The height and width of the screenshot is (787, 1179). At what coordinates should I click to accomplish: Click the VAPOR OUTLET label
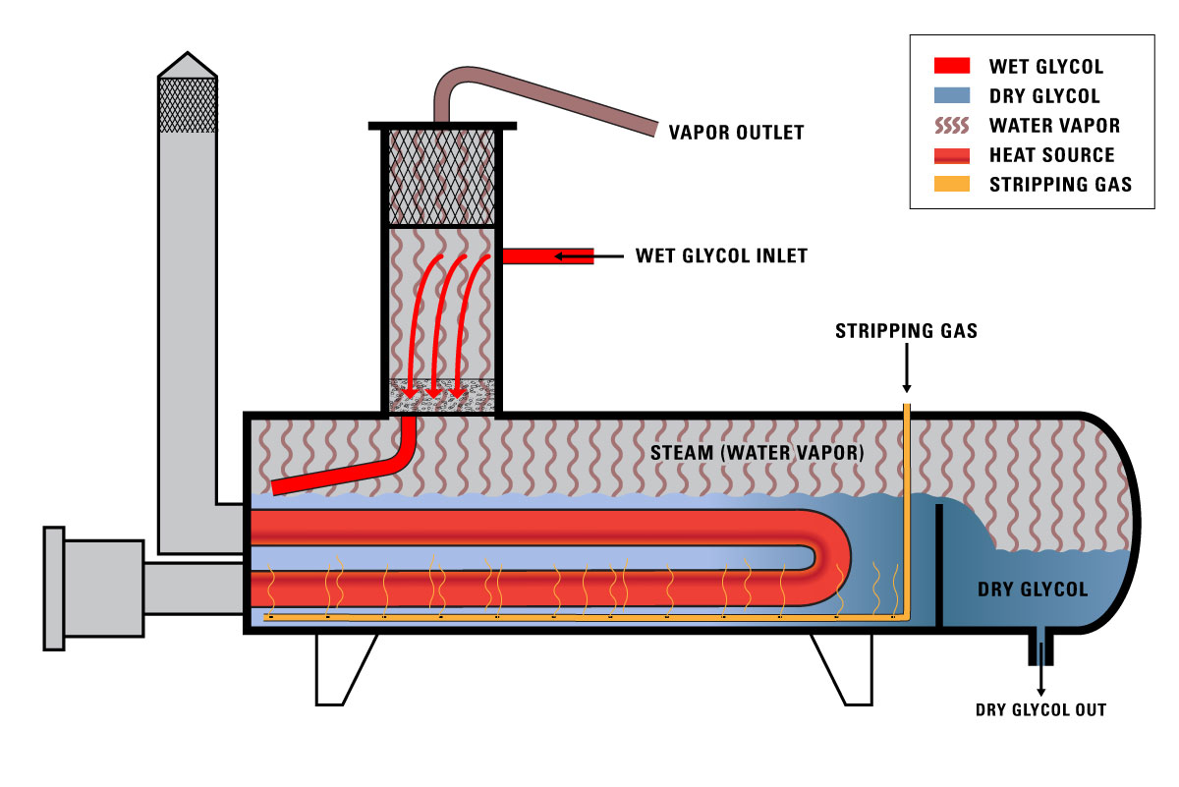(x=736, y=132)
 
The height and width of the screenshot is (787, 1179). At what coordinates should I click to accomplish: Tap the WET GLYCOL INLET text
(x=721, y=256)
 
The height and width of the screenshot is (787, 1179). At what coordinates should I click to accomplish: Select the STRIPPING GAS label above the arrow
(x=906, y=331)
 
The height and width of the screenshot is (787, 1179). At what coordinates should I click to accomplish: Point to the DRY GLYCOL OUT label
(x=1040, y=709)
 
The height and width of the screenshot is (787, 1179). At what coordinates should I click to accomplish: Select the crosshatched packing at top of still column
(x=441, y=178)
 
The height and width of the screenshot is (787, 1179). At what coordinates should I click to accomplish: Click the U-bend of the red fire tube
(x=835, y=557)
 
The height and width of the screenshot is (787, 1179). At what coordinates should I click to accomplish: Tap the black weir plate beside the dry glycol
(x=939, y=565)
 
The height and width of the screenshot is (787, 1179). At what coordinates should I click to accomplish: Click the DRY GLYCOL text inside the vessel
(x=1033, y=590)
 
